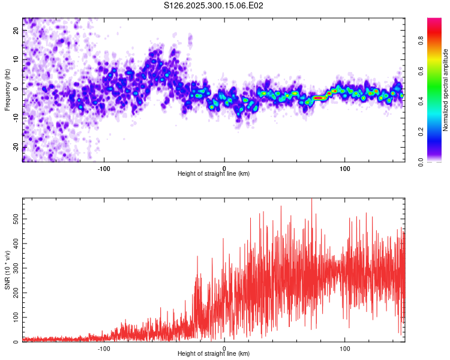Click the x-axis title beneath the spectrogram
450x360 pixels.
point(214,174)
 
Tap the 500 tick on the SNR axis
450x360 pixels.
point(14,220)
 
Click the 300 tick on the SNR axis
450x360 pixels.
point(14,269)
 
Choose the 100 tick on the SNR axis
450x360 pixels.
point(14,317)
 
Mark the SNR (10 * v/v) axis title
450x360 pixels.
point(7,270)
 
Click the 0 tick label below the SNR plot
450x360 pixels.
point(224,347)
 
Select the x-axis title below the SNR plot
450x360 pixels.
point(214,354)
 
